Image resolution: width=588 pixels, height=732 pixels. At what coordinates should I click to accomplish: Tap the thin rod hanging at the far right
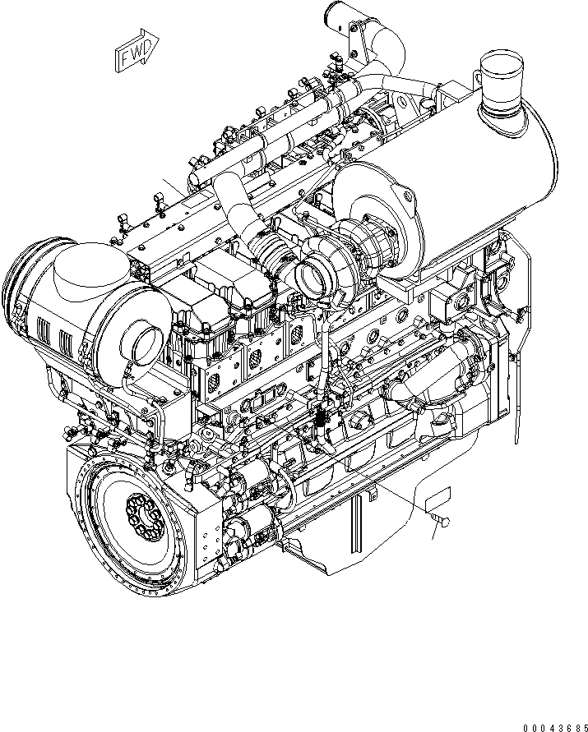(x=515, y=394)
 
